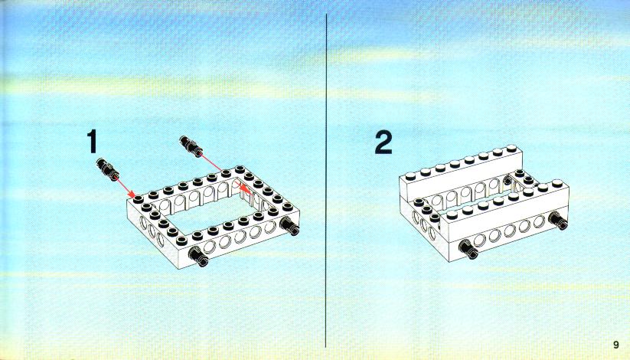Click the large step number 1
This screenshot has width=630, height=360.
[x=92, y=141]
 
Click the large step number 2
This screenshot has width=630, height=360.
[x=384, y=142]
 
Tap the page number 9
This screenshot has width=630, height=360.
[x=616, y=345]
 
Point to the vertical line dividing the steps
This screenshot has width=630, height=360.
[x=326, y=181]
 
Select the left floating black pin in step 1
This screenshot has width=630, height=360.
[x=107, y=169]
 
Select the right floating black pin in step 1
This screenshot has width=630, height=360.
[x=191, y=146]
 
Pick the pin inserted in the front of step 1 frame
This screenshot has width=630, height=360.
[x=198, y=257]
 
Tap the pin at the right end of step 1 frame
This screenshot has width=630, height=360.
[x=289, y=225]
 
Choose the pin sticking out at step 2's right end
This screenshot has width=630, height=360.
[x=558, y=220]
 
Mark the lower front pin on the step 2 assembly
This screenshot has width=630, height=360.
[x=468, y=249]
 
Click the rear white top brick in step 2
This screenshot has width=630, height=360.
[x=461, y=172]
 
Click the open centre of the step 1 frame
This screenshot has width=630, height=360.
[x=211, y=214]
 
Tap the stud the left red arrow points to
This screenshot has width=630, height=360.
[x=139, y=198]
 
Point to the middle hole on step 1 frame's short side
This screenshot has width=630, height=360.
[x=152, y=231]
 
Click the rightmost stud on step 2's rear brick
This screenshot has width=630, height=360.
[x=511, y=149]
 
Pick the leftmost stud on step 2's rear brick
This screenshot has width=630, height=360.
[x=410, y=175]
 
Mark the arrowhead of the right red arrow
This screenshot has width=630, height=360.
[x=244, y=188]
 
